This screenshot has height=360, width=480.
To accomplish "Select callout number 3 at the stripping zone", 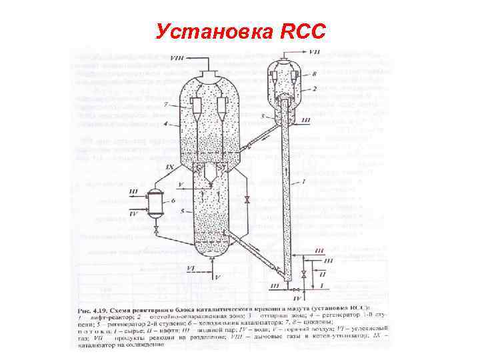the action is (263, 115).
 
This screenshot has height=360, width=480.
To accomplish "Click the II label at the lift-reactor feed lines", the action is (323, 275).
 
